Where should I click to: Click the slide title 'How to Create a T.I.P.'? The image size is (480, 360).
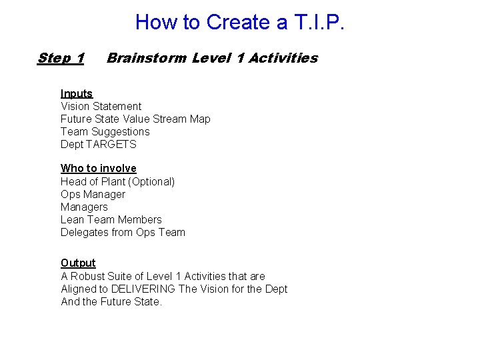[x=240, y=22]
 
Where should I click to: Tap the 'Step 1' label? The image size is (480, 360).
[x=61, y=58]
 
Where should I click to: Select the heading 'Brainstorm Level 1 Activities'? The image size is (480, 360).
[x=212, y=58]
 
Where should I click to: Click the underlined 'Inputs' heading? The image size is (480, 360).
[x=77, y=93]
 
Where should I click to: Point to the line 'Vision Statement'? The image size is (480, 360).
[x=101, y=106]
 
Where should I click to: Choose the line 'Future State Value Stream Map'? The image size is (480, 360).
[x=135, y=119]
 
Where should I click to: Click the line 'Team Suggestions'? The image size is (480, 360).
[x=105, y=131]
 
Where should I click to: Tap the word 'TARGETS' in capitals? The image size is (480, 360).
[x=111, y=144]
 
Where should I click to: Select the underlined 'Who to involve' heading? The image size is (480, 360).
[x=98, y=168]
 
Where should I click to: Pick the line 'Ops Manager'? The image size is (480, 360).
[x=93, y=194]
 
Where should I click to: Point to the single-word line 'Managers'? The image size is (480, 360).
[x=84, y=207]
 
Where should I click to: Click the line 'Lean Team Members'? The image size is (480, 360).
[x=111, y=219]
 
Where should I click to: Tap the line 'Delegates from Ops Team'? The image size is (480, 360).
[x=123, y=232]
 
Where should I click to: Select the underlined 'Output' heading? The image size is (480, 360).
[x=78, y=263]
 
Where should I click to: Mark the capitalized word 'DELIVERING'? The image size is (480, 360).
[x=143, y=289]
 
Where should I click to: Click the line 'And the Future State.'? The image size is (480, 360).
[x=111, y=301]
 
